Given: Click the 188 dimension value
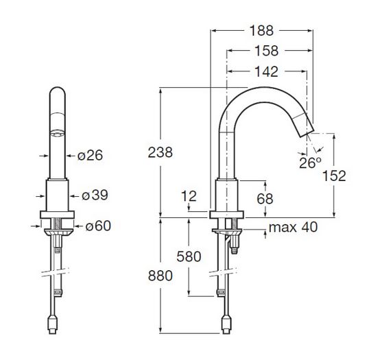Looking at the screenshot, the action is pos(262,31).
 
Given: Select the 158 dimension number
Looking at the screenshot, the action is pos(266,51).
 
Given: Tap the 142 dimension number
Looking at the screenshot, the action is pos(266,71).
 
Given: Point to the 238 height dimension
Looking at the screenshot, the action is pos(160,152).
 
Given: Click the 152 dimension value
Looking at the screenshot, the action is pos(334,176).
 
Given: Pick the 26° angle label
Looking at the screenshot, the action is pos(310,163).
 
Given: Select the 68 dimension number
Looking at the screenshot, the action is pos(265,198).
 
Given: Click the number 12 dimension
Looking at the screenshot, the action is pos(189,196).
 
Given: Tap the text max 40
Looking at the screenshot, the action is pos(294,227).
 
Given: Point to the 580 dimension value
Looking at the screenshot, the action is pos(189,256).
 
